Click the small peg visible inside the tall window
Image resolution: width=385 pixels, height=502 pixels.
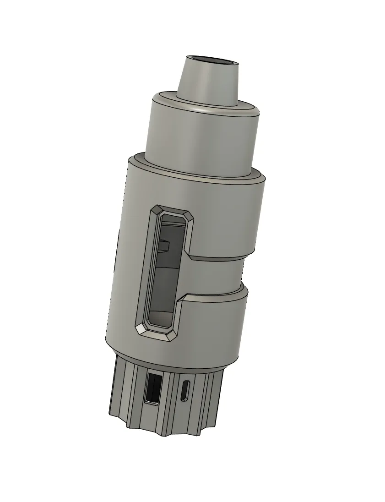[x=164, y=245]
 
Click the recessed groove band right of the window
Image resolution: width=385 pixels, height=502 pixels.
[x=215, y=275]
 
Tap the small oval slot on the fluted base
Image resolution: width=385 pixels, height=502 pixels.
[x=185, y=390]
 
